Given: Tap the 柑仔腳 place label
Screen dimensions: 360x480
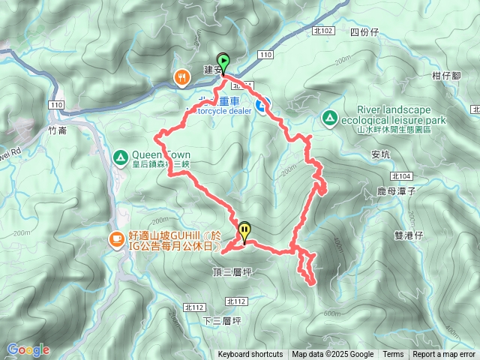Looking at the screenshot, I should [445, 76].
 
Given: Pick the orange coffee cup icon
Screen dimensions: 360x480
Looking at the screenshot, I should [116, 240].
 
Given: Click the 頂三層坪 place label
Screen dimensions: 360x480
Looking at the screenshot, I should [232, 268].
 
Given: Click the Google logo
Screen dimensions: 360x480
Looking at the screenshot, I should [28, 349].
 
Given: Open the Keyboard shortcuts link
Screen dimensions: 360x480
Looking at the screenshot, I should [250, 355].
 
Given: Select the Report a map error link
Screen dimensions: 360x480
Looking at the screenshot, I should [445, 355].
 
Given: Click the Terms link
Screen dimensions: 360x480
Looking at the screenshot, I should [393, 355].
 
